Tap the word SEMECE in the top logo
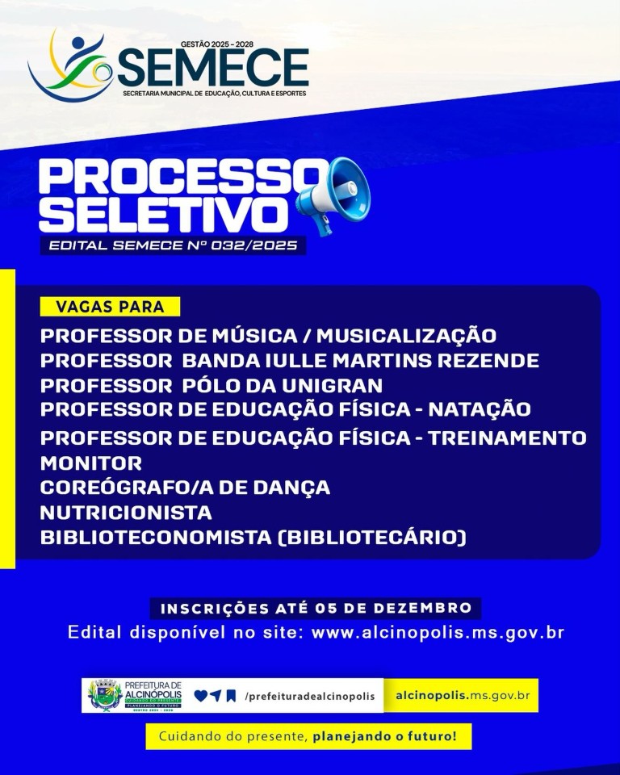coord(213,68)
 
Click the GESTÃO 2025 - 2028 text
coord(217,44)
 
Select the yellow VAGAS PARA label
coord(110,307)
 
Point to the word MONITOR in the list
coord(91,463)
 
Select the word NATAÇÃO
coord(479,409)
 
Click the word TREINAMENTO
coord(507,438)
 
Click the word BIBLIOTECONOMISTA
coord(156,538)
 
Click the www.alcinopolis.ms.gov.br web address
coord(438,632)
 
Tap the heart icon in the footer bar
coord(200,696)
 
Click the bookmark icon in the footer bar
coord(231,696)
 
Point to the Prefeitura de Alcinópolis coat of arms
coord(105,695)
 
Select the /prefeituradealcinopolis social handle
coord(310,697)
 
